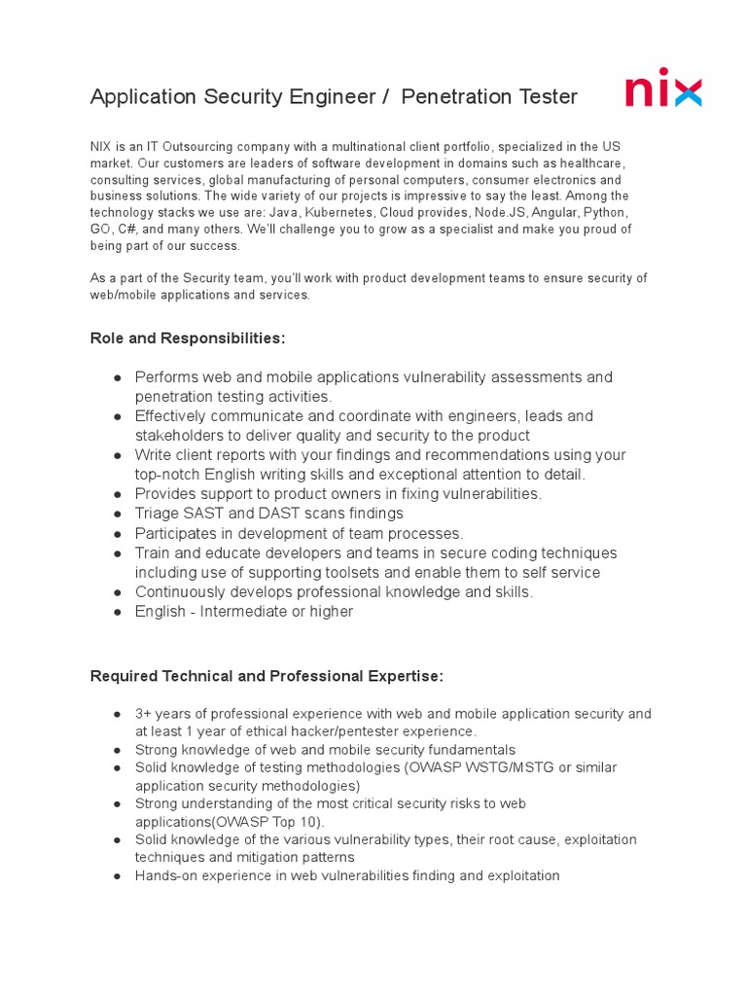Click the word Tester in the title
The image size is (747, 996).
pyautogui.click(x=540, y=96)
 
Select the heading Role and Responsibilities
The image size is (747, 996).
pyautogui.click(x=188, y=338)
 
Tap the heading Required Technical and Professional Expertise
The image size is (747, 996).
pyautogui.click(x=267, y=676)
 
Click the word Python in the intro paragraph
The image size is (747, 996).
pyautogui.click(x=605, y=212)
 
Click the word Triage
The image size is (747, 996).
pyautogui.click(x=157, y=514)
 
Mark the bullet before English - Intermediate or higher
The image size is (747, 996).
pyautogui.click(x=117, y=612)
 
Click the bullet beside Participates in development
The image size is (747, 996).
pyautogui.click(x=117, y=533)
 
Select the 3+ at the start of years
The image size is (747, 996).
pyautogui.click(x=144, y=714)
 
